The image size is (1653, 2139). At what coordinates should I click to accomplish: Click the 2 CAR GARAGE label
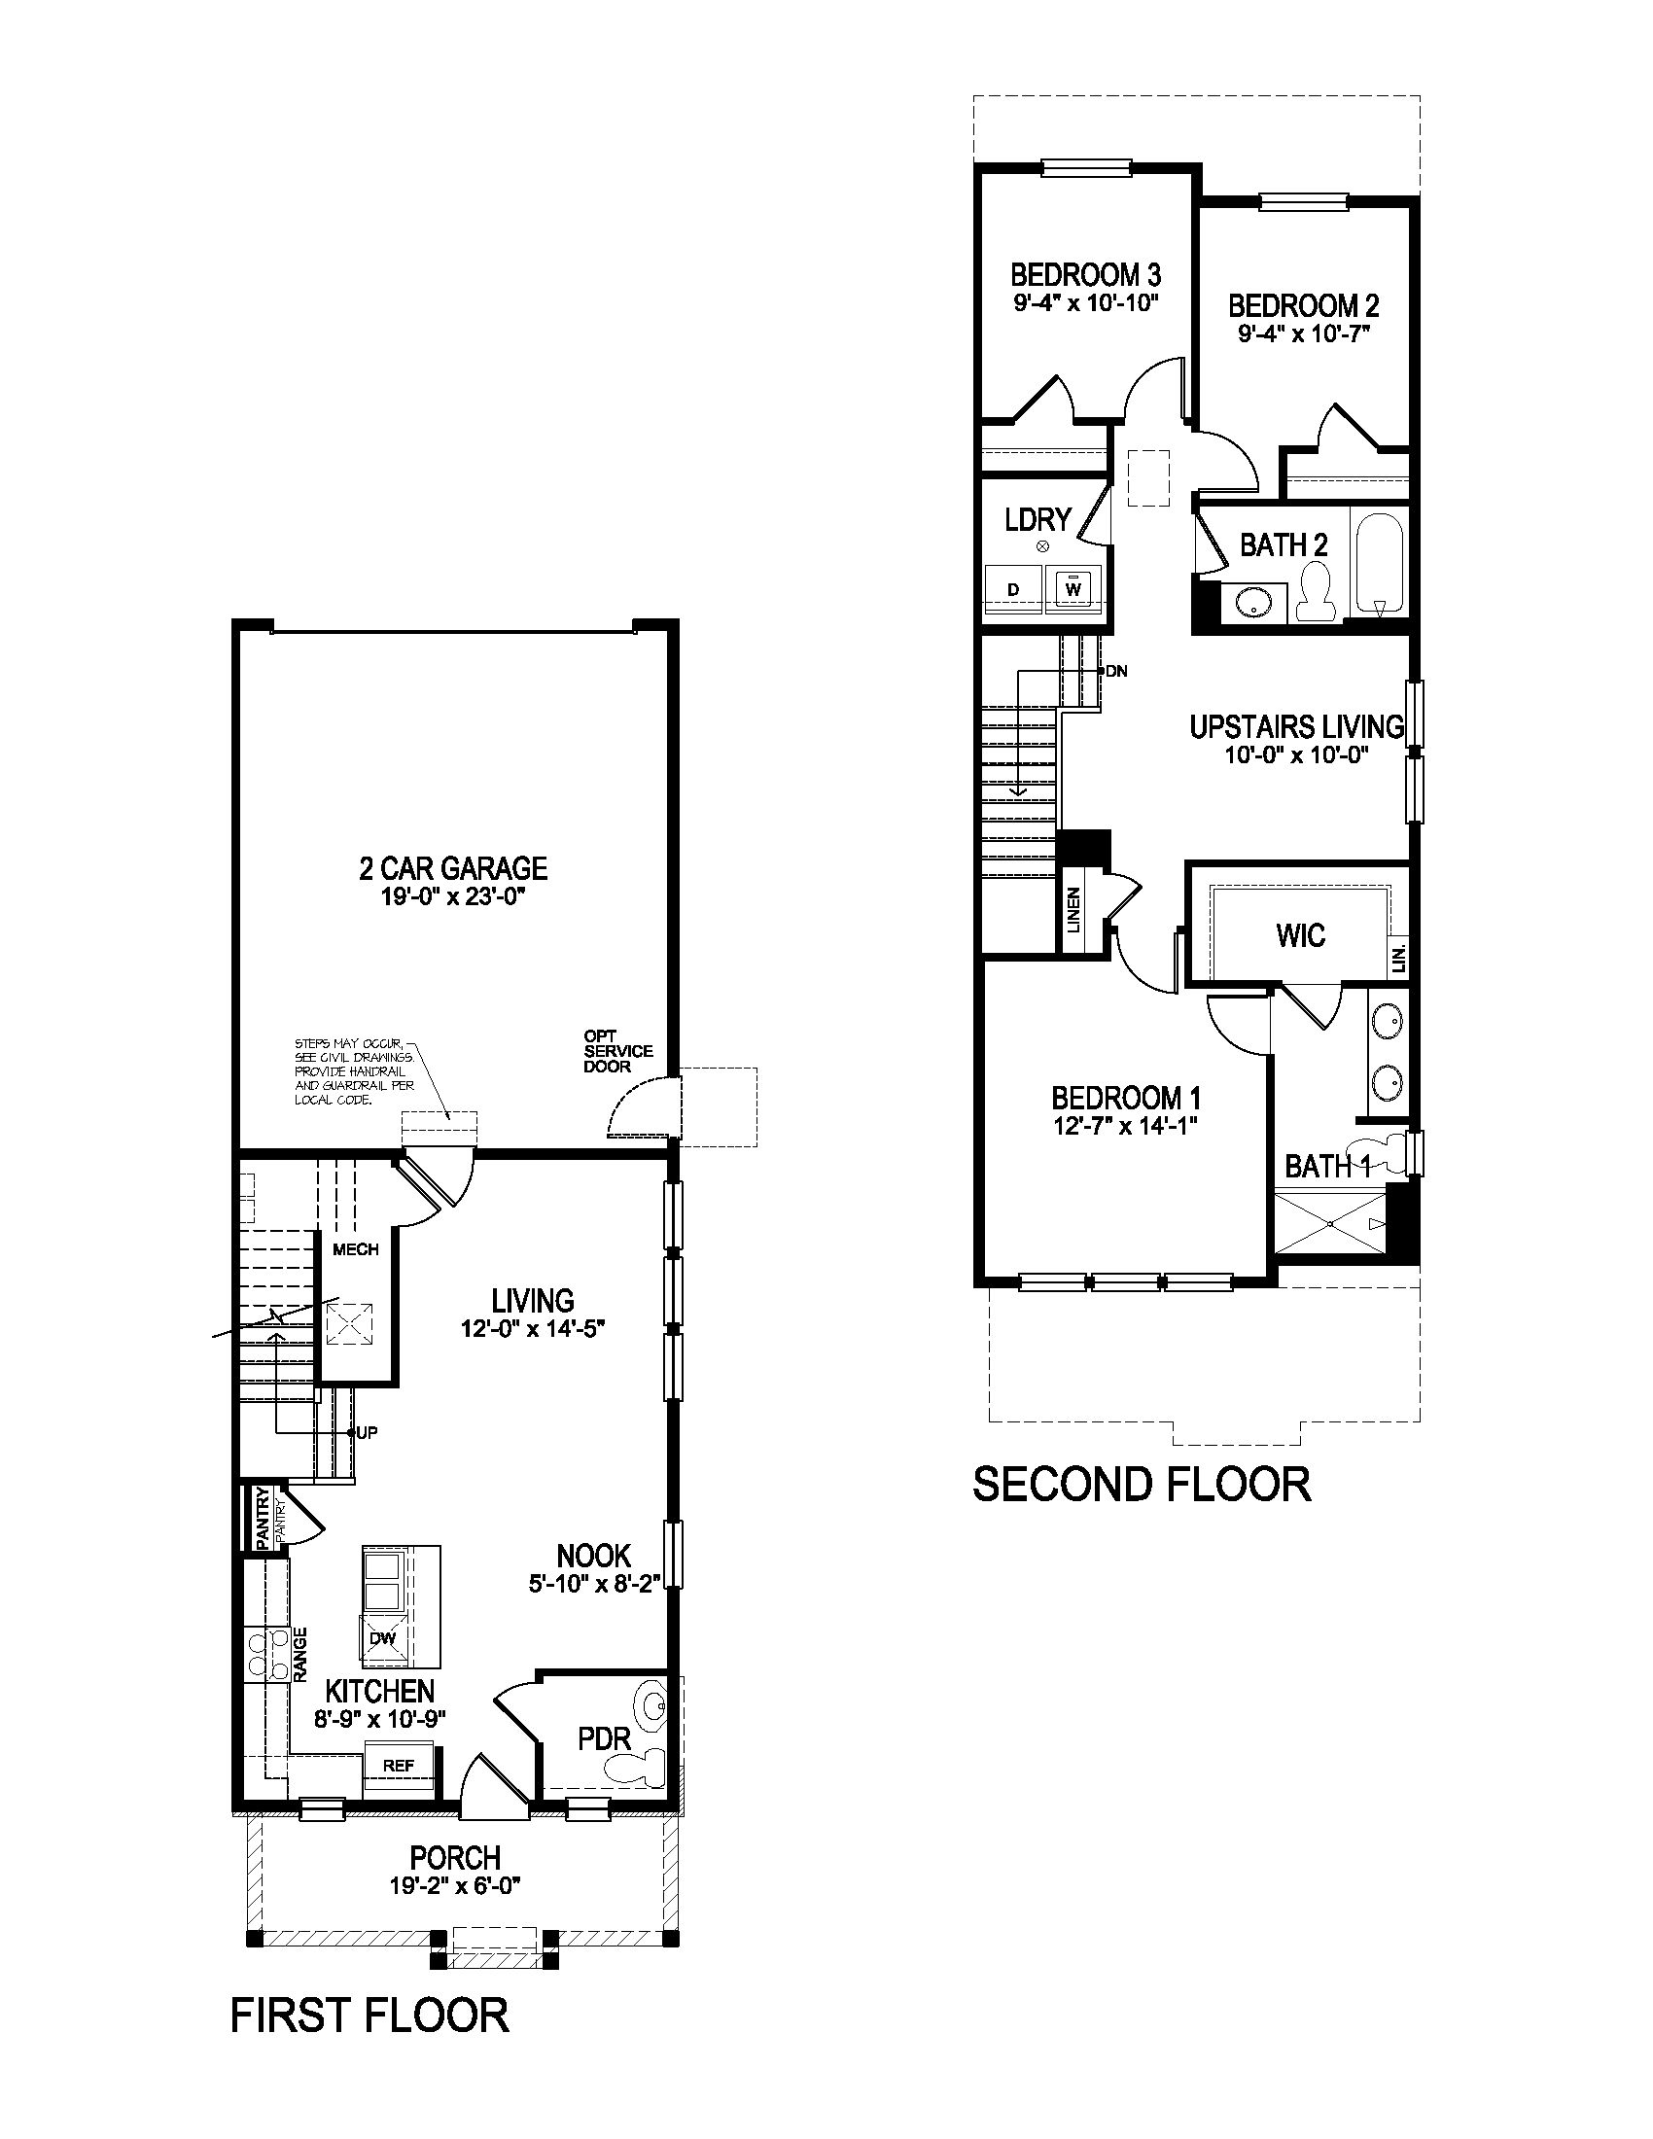pos(453,867)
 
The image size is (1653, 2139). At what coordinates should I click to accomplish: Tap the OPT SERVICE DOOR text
pos(616,1051)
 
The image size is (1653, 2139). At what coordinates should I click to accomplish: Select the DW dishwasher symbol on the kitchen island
pos(382,1637)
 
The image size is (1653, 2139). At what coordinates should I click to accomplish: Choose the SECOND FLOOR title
pos(1141,1484)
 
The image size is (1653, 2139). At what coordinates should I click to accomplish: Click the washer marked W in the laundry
pos(1073,588)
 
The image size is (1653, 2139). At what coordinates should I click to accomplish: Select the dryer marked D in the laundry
pos(1013,588)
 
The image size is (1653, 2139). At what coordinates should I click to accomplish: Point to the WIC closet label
pos(1300,935)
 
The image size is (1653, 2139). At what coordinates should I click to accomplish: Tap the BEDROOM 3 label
pos(1085,274)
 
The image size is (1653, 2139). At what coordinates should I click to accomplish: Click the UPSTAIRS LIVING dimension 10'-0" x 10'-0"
pos(1294,755)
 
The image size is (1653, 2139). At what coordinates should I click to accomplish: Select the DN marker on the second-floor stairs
pos(1115,671)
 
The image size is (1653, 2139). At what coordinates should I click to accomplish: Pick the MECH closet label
pos(356,1249)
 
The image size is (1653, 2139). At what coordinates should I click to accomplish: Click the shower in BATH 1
pos(1331,1223)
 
